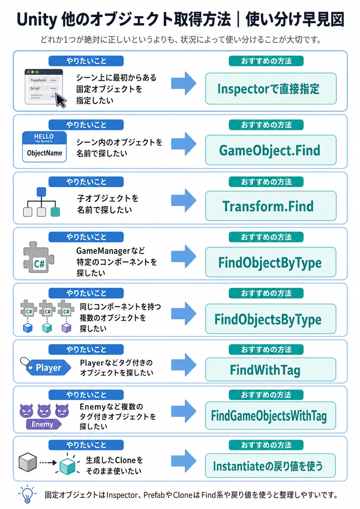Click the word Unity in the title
pos(37,19)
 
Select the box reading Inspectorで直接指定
pos(271,88)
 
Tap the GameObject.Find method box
pos(271,150)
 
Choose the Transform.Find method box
pos(271,206)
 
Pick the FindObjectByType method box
pos(271,262)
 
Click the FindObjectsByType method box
pos(271,319)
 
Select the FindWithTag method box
pos(271,369)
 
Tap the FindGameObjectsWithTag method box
pos(271,415)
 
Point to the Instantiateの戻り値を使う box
pos(271,466)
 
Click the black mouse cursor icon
pos(61,100)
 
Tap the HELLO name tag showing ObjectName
pos(44,146)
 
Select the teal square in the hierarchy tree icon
pos(55,212)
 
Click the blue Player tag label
pos(48,367)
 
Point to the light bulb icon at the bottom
pos(27,494)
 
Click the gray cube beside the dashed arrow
pos(28,462)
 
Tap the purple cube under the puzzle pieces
pos(66,328)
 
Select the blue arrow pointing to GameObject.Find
pos(184,144)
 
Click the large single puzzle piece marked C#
pos(39,257)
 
